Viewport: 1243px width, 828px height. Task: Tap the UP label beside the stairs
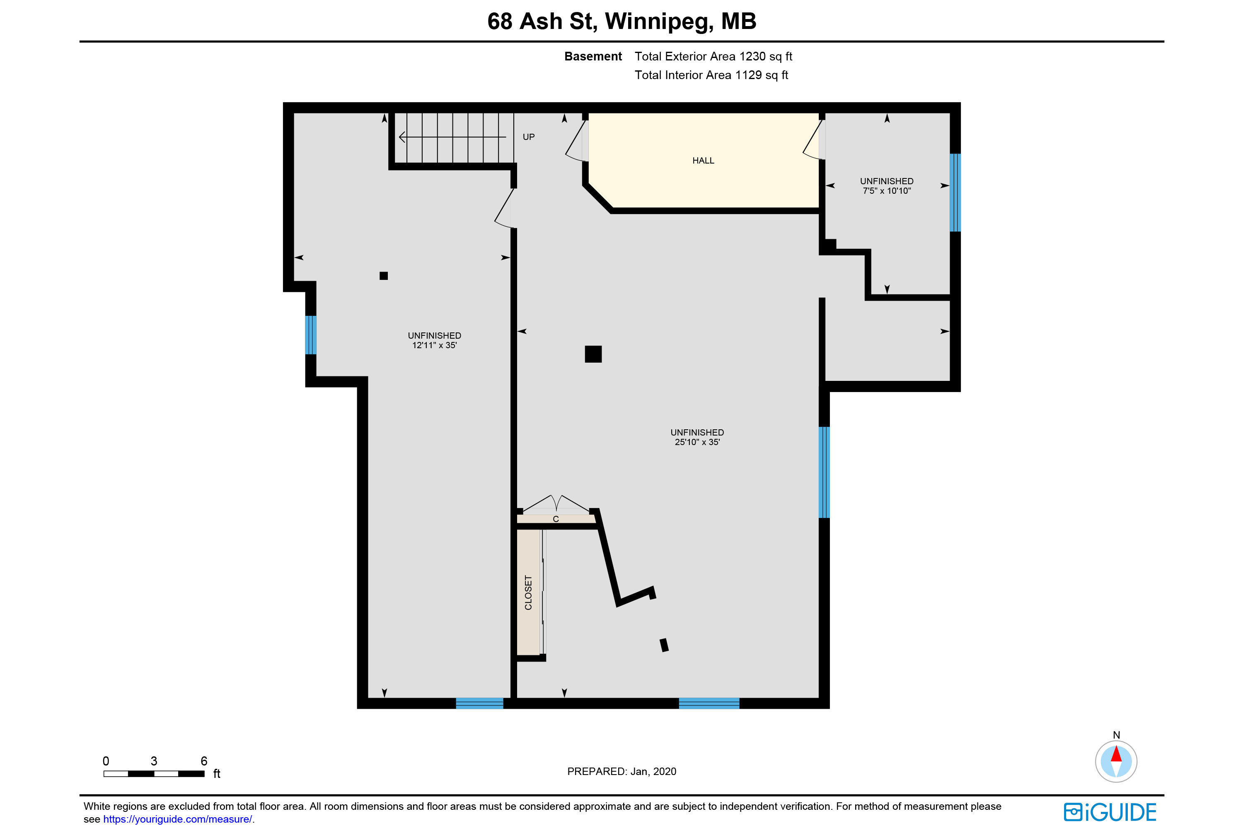click(x=529, y=137)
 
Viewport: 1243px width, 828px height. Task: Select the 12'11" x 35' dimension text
click(x=434, y=345)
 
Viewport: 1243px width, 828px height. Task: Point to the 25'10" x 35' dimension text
click(x=697, y=442)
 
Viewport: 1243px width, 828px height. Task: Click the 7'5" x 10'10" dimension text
click(x=887, y=190)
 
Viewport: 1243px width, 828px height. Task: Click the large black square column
click(x=593, y=354)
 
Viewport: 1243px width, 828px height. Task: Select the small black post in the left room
click(x=384, y=276)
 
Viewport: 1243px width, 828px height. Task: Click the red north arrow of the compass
click(x=1116, y=753)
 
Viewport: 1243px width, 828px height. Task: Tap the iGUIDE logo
click(x=1110, y=812)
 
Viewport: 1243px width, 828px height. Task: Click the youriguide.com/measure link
click(x=178, y=819)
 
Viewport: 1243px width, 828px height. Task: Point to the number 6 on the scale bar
click(x=204, y=761)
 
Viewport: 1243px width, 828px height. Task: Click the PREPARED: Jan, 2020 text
click(x=621, y=772)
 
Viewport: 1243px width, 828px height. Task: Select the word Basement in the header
click(x=593, y=56)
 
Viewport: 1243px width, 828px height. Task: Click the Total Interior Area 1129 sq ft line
click(x=711, y=75)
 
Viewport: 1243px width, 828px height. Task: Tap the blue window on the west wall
click(x=311, y=335)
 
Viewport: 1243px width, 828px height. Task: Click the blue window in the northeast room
click(x=955, y=193)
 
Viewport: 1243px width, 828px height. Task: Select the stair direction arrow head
click(x=401, y=137)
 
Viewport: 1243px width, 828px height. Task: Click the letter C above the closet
click(x=556, y=519)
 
